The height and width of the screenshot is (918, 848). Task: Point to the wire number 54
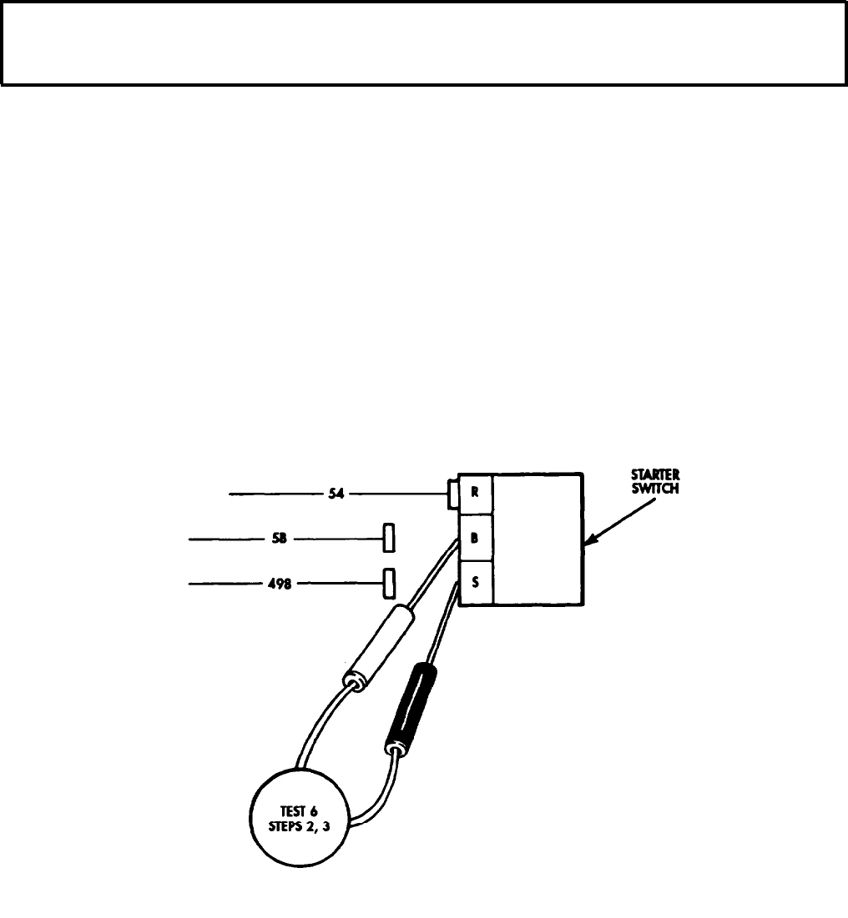coord(337,494)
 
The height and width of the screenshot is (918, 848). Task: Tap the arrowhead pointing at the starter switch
coord(588,544)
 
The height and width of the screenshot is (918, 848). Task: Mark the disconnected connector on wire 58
coord(388,539)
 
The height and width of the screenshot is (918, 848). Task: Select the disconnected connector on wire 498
coord(387,583)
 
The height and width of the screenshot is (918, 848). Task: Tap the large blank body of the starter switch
coord(538,538)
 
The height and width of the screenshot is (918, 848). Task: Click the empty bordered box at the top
coord(424,43)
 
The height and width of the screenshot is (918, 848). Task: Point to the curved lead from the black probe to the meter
coord(381,792)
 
